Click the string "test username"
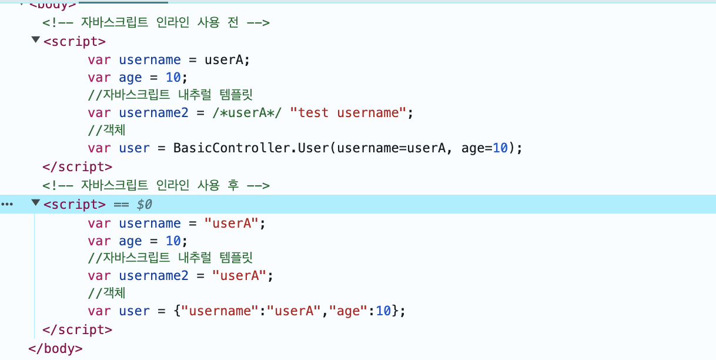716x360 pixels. click(x=349, y=113)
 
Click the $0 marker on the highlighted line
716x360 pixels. click(x=144, y=204)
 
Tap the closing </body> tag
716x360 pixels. click(x=55, y=348)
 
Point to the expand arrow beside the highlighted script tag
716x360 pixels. click(x=36, y=203)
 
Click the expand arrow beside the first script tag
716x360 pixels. click(x=36, y=40)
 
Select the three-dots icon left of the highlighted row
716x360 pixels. click(x=6, y=204)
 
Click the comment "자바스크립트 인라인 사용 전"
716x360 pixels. click(x=156, y=23)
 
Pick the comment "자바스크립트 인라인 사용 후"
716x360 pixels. click(x=156, y=185)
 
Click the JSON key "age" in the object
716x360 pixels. click(x=348, y=311)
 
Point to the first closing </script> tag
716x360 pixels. click(x=77, y=166)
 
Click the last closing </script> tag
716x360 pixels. click(x=77, y=329)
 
